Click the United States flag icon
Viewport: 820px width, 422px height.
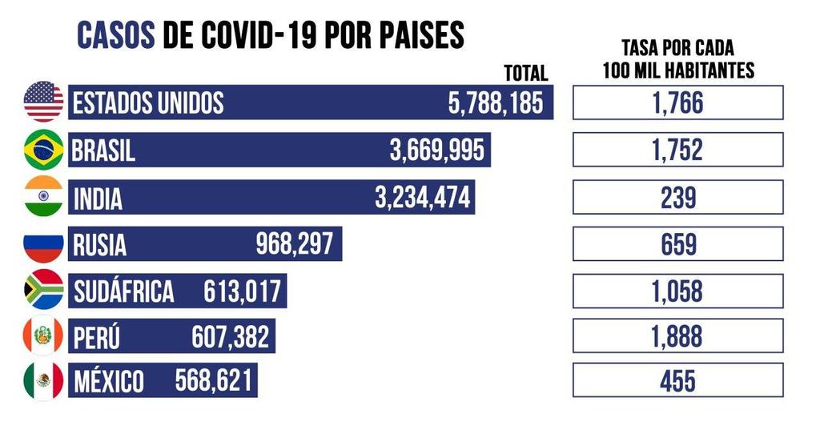click(43, 102)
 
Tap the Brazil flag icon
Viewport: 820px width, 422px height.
click(43, 149)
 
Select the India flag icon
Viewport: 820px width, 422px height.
click(43, 196)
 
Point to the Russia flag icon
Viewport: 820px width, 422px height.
click(43, 243)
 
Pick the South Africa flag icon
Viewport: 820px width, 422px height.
click(43, 290)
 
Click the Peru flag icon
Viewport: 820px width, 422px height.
click(43, 336)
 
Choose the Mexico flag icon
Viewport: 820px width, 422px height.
click(43, 381)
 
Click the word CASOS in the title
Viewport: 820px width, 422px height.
click(115, 35)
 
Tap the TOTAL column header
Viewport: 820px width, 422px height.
click(525, 74)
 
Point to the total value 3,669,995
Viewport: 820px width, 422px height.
click(437, 150)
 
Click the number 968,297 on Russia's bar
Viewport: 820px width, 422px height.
click(294, 243)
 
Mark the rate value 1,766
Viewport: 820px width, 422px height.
click(677, 103)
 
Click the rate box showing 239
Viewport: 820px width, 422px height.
click(677, 197)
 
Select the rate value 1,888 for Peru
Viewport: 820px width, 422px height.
click(677, 337)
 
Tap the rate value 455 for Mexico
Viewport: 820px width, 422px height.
click(677, 381)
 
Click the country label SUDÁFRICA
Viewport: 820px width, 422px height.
click(123, 291)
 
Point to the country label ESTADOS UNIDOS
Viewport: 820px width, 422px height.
click(148, 103)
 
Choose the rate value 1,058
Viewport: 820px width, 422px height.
click(677, 291)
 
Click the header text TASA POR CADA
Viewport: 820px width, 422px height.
click(677, 48)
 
